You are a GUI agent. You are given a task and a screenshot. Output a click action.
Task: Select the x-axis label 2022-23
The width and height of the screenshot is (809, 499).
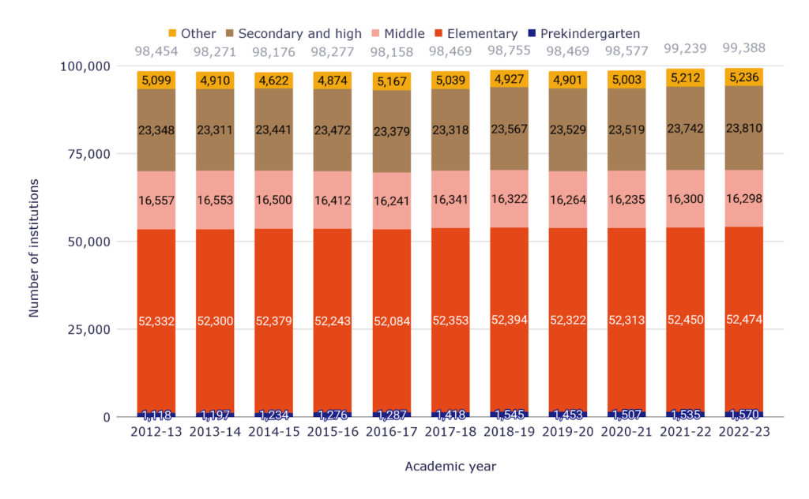(743, 433)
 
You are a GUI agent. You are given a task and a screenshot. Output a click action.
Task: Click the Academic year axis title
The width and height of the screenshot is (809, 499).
(450, 467)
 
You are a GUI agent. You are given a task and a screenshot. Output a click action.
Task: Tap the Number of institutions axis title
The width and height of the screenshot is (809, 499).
(33, 248)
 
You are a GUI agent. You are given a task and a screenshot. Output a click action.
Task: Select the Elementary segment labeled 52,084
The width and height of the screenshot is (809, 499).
(393, 321)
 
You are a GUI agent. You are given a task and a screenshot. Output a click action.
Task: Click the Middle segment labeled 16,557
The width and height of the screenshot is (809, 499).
(157, 201)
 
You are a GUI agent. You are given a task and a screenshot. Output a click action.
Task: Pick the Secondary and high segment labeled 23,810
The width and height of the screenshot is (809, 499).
(743, 128)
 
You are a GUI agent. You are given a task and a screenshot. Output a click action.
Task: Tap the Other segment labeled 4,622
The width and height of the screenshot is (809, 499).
(274, 81)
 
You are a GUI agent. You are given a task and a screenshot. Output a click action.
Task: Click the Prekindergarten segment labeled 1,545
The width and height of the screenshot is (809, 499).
(510, 414)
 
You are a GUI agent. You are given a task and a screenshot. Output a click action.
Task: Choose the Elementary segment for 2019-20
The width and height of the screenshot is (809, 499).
(568, 321)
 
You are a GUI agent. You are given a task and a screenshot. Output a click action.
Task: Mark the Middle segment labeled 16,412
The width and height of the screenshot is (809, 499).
(333, 201)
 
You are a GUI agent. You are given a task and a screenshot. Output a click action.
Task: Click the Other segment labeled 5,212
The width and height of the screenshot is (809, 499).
(685, 77)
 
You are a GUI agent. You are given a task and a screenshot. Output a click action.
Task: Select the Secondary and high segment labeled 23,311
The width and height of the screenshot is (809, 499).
(216, 130)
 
